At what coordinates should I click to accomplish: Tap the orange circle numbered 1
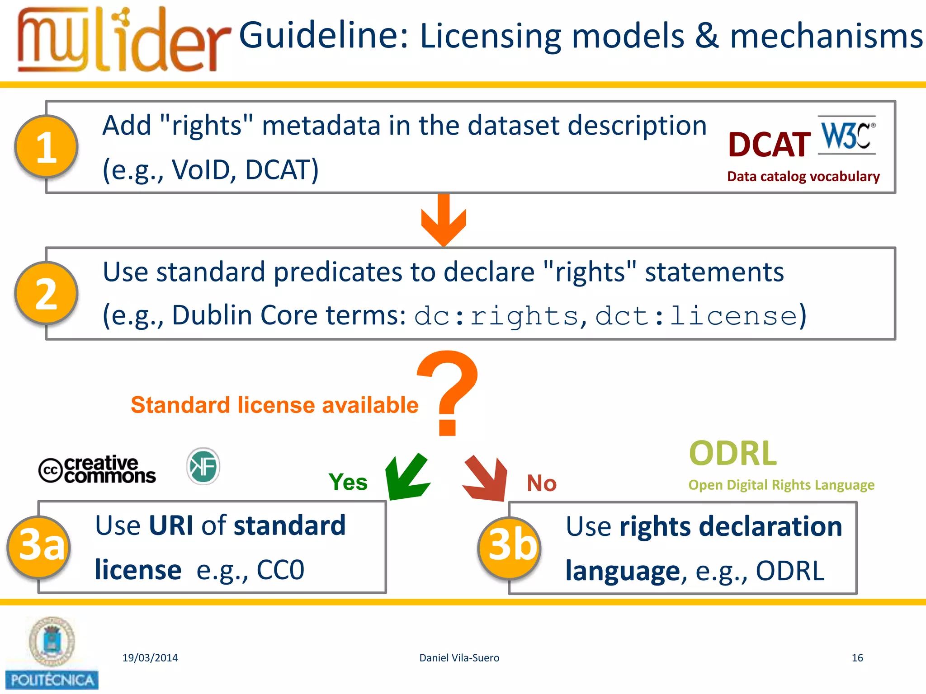[x=47, y=147]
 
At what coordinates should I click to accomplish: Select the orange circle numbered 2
[x=47, y=294]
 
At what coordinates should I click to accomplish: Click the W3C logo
[x=847, y=135]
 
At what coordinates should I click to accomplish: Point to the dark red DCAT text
[x=769, y=145]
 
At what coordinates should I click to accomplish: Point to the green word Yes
[x=348, y=482]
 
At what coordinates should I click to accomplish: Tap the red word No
[x=542, y=483]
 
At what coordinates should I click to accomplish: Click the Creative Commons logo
[x=97, y=469]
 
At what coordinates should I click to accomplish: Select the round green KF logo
[x=203, y=466]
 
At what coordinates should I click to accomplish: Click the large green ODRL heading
[x=733, y=453]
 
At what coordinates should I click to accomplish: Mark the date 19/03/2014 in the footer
[x=150, y=658]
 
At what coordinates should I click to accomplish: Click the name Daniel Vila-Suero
[x=459, y=658]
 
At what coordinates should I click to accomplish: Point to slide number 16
[x=857, y=658]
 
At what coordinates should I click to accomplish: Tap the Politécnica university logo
[x=52, y=653]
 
